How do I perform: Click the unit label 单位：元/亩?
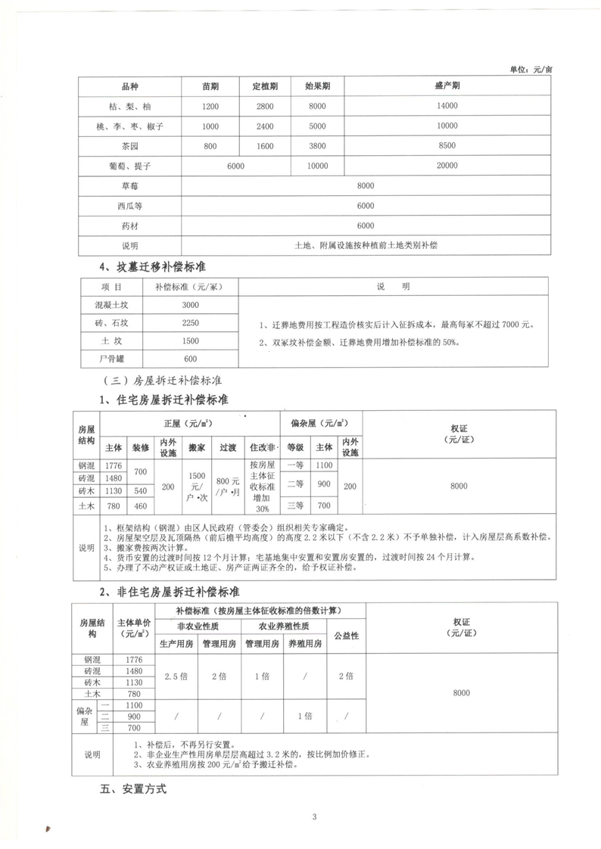tap(532, 69)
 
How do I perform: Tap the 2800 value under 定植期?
tap(264, 106)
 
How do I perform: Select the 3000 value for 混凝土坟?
tap(190, 305)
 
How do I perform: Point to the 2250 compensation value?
tap(190, 323)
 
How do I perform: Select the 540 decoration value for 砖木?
tap(141, 492)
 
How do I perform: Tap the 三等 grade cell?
tap(294, 505)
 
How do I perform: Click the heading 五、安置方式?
tap(132, 789)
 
